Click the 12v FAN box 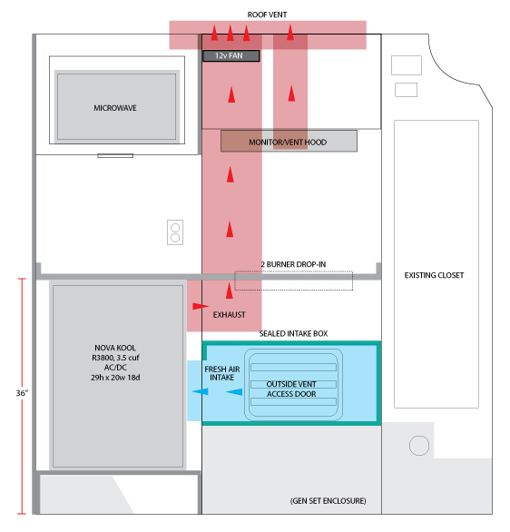pos(231,55)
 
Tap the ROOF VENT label pos(267,15)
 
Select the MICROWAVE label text pos(115,108)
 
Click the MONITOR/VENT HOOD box pos(289,141)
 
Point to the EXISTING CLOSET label pos(434,275)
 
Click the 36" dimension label pos(22,393)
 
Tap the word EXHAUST pos(230,315)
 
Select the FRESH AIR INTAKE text pos(222,373)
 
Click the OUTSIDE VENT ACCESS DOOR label pos(291,389)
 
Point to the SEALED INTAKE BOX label pos(293,333)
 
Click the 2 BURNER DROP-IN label pos(293,264)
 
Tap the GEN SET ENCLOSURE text pos(328,501)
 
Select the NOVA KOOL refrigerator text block pos(115,362)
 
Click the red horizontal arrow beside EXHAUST pos(201,306)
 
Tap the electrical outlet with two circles pos(175,232)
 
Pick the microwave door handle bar pos(115,156)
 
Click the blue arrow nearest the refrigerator pos(200,391)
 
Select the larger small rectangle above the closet pos(407,65)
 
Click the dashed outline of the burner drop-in pos(294,271)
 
